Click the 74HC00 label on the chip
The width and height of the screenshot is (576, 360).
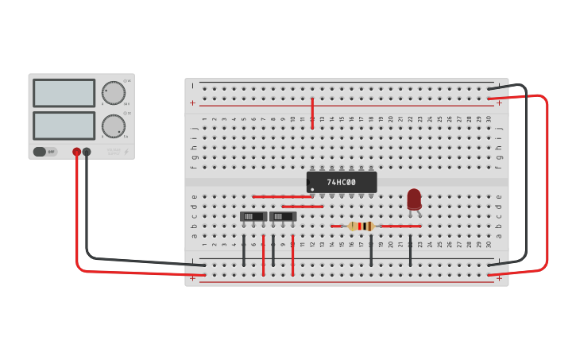pos(342,182)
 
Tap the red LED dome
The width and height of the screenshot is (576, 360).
pos(414,198)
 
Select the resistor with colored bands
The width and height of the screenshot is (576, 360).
pos(361,226)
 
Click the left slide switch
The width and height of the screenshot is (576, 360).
pos(253,216)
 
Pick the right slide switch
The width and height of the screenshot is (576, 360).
pos(283,216)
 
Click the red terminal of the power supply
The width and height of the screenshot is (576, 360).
pos(76,152)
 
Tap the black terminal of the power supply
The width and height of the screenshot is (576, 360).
pos(87,152)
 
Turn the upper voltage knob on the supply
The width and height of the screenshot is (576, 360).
pos(114,93)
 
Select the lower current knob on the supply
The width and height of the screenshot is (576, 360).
pos(114,126)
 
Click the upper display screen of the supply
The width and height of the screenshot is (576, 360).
pos(64,93)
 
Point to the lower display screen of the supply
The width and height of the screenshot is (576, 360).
pos(64,126)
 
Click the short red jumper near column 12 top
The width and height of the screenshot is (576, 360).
pos(312,113)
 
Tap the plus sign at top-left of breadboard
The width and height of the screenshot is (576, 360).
pos(192,103)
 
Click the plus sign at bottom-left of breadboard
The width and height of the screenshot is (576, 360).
pos(192,278)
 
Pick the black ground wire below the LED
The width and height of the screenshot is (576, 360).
pos(410,248)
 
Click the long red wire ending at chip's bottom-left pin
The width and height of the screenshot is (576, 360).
pos(282,196)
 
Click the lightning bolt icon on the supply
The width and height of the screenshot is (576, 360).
pos(126,152)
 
